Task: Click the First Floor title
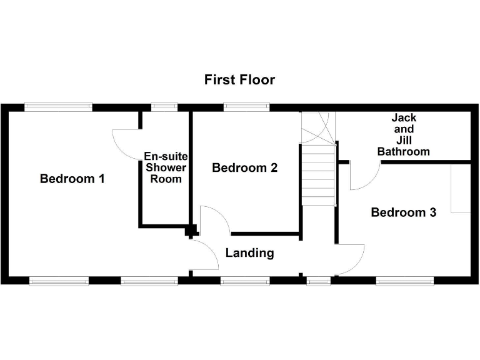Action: click(x=239, y=80)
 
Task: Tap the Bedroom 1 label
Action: click(x=72, y=179)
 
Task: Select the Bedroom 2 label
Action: click(x=245, y=167)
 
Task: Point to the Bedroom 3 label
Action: click(x=403, y=212)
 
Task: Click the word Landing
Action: click(x=249, y=253)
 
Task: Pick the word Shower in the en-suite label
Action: click(x=166, y=167)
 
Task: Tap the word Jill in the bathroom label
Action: click(x=404, y=140)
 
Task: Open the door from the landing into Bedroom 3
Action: click(x=351, y=259)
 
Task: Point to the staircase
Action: click(x=318, y=169)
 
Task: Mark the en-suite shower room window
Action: click(x=165, y=107)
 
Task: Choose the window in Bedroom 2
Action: click(x=247, y=107)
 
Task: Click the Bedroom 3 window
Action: click(x=405, y=281)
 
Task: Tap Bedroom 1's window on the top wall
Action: click(x=58, y=107)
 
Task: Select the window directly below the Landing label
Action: click(x=245, y=281)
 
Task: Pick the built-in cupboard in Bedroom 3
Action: click(x=460, y=188)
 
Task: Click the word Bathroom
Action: click(x=404, y=151)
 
